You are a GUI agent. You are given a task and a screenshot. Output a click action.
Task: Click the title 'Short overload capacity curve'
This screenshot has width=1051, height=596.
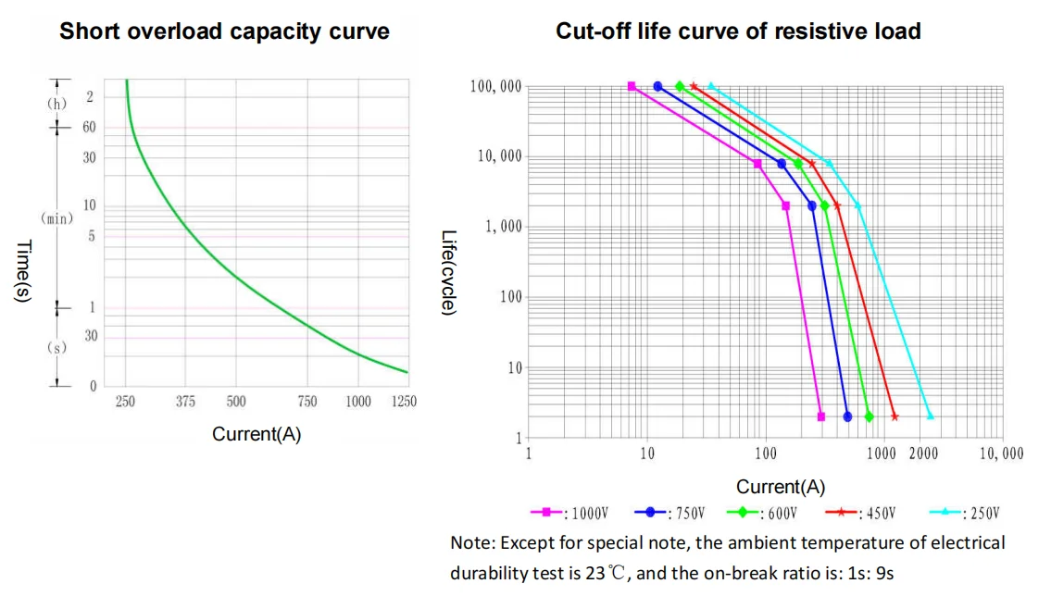click(224, 31)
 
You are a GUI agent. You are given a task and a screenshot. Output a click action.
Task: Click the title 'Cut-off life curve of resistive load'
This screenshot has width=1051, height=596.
click(738, 31)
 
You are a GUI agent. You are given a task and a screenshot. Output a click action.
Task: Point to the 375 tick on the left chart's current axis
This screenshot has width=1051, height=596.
click(185, 402)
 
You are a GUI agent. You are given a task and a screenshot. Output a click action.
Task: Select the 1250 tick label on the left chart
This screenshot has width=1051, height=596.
click(404, 402)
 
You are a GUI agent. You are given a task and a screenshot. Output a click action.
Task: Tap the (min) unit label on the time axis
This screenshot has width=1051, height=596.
click(57, 218)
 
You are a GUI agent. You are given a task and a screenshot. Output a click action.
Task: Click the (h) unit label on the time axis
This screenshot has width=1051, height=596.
click(57, 103)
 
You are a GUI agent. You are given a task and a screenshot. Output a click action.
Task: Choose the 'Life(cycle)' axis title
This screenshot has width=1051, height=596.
click(448, 272)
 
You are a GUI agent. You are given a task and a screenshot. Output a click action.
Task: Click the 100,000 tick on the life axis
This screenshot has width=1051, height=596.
click(496, 87)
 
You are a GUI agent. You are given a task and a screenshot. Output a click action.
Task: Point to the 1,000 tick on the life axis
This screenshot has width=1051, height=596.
click(503, 228)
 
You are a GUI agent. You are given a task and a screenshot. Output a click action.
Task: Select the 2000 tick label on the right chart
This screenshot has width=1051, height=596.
click(924, 454)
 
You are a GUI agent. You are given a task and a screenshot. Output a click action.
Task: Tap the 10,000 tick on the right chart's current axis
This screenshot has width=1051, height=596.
click(1001, 454)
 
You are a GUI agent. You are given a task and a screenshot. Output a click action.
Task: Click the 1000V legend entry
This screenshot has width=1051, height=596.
click(570, 513)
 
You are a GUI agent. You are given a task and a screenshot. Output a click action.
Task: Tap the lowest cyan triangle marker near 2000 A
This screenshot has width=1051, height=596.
click(930, 416)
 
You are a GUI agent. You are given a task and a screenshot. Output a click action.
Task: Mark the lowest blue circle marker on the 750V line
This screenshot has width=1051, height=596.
click(847, 416)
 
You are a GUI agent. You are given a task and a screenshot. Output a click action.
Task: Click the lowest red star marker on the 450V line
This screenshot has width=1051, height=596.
click(895, 416)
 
